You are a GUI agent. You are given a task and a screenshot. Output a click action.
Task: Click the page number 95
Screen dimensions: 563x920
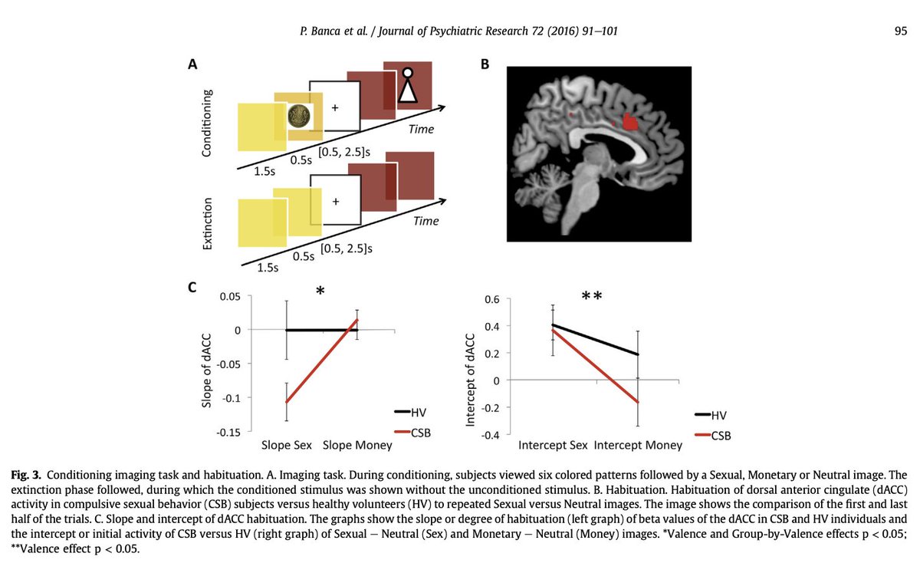[901, 31]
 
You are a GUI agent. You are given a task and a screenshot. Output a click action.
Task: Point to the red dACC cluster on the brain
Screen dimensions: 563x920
[630, 121]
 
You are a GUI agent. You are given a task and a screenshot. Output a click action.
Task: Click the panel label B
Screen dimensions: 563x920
[485, 66]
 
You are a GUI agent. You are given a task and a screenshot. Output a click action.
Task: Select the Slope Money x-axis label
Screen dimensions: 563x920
[356, 445]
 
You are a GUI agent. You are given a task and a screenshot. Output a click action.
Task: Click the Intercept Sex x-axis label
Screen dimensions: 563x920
[553, 445]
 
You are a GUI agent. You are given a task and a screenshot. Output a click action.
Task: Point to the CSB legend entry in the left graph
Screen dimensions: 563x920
[420, 433]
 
